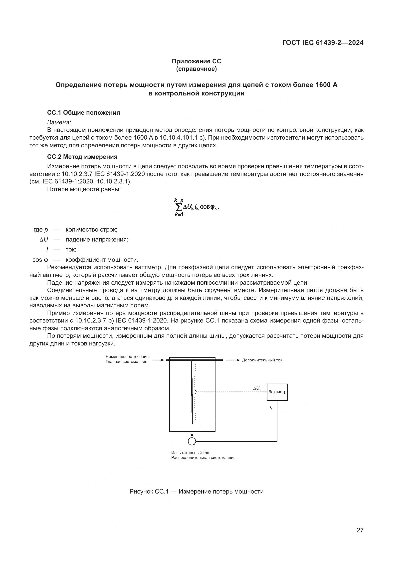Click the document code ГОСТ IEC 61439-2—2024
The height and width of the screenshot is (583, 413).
[x=322, y=43]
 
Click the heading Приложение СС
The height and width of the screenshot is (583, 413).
[x=196, y=61]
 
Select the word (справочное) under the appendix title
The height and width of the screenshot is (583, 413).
[x=196, y=69]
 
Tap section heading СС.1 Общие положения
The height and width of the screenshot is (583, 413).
[x=83, y=113]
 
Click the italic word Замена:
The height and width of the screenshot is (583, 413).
[x=59, y=122]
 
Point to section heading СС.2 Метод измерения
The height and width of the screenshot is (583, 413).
[x=82, y=157]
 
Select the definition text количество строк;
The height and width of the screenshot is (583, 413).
[x=91, y=230]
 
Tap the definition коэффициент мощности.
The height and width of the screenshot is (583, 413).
[x=102, y=260]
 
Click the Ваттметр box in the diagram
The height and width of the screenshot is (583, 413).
[x=277, y=392]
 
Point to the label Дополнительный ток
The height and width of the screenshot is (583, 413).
[x=262, y=360]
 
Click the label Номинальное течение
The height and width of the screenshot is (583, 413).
[x=127, y=357]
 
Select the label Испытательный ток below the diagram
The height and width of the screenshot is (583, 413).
[x=190, y=453]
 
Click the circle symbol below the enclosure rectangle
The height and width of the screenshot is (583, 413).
[x=192, y=442]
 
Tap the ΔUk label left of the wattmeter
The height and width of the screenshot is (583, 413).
[x=257, y=389]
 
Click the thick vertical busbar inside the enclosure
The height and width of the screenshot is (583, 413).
[x=192, y=396]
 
